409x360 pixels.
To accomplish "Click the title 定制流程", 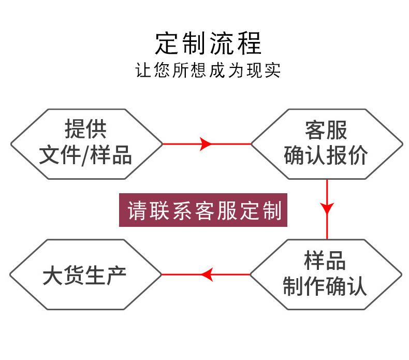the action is [208, 44].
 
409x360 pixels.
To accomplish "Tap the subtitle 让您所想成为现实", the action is [208, 70].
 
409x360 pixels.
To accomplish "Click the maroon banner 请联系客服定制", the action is [203, 210].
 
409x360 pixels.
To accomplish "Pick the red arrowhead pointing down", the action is [327, 209].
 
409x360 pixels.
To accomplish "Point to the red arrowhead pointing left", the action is [207, 275].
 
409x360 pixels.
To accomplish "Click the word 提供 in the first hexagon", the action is [85, 128].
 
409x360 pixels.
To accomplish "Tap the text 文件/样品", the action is [85, 155].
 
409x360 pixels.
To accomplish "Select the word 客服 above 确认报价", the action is [326, 130].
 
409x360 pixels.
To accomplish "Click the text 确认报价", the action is [326, 155].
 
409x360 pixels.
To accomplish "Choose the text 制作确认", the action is [325, 286].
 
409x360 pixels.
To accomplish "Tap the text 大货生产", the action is [84, 275].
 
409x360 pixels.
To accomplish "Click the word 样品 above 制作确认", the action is [325, 260].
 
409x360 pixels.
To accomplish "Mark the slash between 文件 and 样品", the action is [85, 156].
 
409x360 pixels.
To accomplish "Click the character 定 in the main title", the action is [167, 44].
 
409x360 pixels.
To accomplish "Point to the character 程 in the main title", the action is [249, 44].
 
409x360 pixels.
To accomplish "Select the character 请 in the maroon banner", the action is [137, 210].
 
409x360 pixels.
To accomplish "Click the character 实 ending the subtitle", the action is [272, 70].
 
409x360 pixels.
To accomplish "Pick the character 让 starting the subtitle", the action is [143, 70].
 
